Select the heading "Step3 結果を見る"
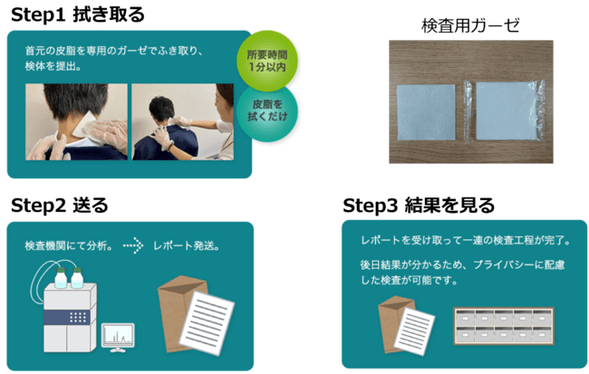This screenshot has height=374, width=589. (418, 205)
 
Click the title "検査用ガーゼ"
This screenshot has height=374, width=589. (470, 24)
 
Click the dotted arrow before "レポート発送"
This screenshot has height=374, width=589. (133, 245)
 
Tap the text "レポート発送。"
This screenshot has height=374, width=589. (186, 245)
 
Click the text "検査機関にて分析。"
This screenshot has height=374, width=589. (69, 245)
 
